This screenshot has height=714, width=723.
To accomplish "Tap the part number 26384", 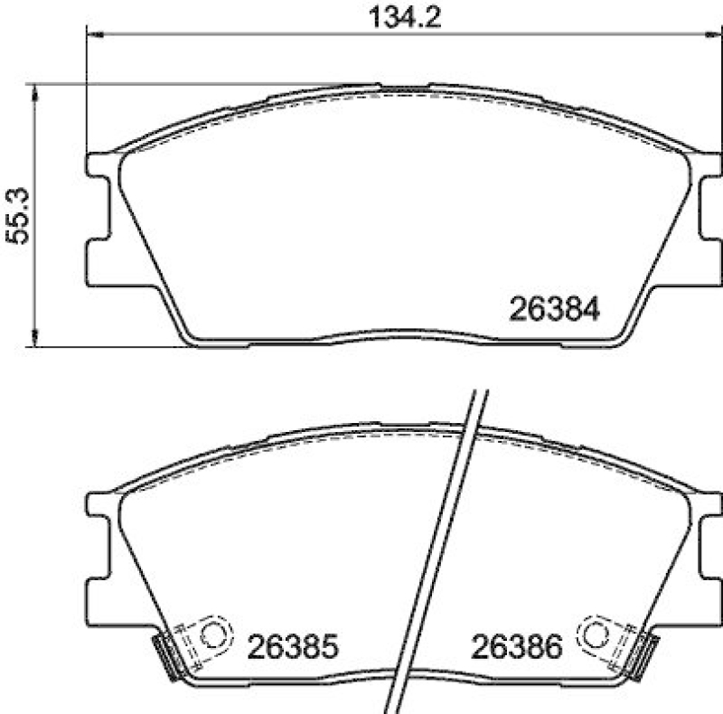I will [x=556, y=310].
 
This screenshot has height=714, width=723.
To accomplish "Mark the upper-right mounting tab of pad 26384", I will [x=712, y=165].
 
